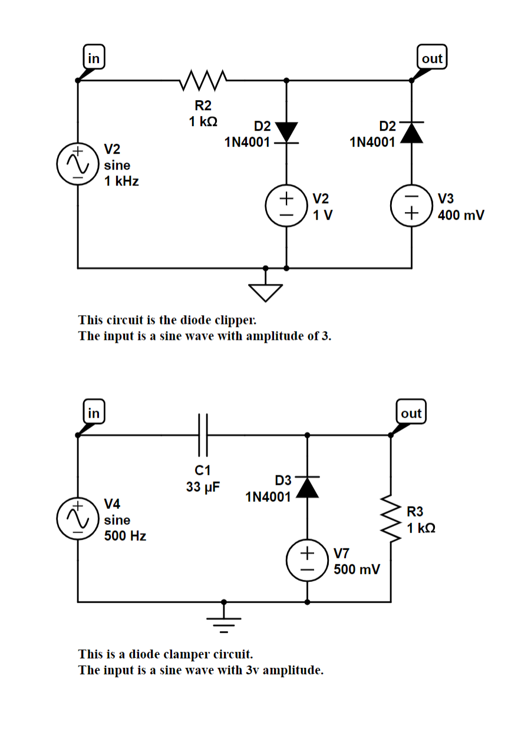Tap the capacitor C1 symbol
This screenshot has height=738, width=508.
(x=203, y=436)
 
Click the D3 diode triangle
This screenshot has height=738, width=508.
(x=307, y=487)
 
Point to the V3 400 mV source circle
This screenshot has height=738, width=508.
(x=412, y=206)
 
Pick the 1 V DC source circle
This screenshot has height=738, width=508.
(x=286, y=206)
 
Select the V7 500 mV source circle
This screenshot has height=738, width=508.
(x=307, y=561)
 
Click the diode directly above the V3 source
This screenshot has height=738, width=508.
(x=412, y=132)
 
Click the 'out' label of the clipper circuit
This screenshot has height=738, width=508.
(x=431, y=58)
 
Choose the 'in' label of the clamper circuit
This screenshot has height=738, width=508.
(x=93, y=413)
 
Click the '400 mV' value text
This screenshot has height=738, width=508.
(x=461, y=215)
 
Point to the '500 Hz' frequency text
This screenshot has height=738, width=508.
(x=125, y=536)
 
